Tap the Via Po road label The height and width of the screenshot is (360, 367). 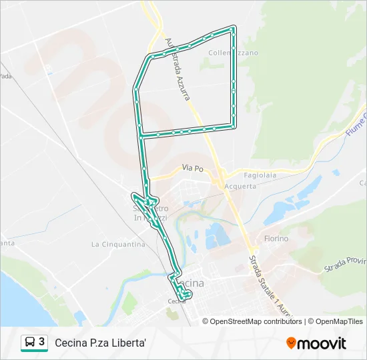(x=192, y=169)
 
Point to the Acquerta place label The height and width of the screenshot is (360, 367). (x=240, y=186)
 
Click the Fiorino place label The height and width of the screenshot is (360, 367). (x=276, y=238)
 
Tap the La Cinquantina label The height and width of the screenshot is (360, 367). (x=118, y=245)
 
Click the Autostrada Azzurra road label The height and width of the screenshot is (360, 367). (x=178, y=69)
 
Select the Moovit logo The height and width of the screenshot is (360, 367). (x=316, y=343)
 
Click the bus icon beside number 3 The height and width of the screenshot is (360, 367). (x=29, y=343)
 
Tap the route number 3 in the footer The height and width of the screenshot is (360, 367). (x=42, y=342)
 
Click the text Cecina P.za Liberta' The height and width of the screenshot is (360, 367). (x=100, y=343)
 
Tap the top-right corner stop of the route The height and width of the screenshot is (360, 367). (x=233, y=28)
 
